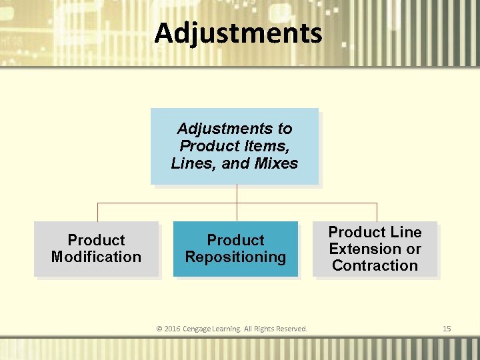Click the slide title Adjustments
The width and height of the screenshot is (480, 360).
238,33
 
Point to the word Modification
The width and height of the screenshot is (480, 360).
96,257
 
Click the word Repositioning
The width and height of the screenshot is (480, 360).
235,257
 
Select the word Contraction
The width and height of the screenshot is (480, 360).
375,265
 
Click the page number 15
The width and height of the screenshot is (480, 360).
447,329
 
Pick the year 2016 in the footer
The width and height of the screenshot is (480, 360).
173,329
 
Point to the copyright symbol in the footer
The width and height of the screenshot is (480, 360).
159,329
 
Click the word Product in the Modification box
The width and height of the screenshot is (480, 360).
96,240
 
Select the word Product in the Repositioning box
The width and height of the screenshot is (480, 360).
235,240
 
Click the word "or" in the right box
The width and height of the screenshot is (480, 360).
414,249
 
